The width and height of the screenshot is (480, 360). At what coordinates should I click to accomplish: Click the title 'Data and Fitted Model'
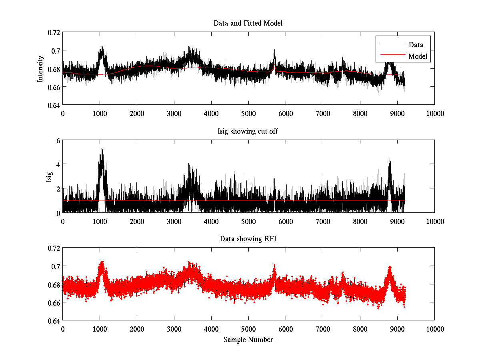click(x=248, y=23)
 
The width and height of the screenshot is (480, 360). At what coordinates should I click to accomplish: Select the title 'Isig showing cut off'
click(x=248, y=131)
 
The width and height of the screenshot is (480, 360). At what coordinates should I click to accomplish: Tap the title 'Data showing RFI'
click(x=248, y=239)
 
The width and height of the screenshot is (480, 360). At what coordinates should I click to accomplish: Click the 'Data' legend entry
click(x=416, y=44)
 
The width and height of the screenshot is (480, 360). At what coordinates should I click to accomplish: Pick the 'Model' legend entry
click(x=418, y=56)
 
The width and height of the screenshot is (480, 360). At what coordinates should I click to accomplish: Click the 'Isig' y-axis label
click(x=49, y=176)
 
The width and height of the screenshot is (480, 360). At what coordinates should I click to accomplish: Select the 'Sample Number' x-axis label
click(x=248, y=340)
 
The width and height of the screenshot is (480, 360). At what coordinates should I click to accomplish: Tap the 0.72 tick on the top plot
click(x=54, y=32)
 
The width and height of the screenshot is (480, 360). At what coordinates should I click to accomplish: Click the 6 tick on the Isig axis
click(x=58, y=140)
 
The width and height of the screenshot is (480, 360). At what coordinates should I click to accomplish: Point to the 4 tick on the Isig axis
click(x=58, y=164)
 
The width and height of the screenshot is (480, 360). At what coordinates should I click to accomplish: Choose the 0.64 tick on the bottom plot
click(x=54, y=321)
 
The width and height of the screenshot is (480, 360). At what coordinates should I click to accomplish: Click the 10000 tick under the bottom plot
click(x=434, y=329)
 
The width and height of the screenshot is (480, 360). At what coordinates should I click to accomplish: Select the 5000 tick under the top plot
click(x=248, y=113)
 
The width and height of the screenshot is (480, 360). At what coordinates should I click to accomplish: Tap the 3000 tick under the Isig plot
click(x=174, y=221)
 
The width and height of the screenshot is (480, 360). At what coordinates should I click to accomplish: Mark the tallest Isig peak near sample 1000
click(x=102, y=149)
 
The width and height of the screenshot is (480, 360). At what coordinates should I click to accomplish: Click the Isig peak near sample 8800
click(x=390, y=161)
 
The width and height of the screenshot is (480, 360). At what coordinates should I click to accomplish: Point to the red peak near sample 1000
click(x=102, y=262)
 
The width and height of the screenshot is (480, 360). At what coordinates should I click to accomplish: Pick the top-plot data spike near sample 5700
click(x=274, y=51)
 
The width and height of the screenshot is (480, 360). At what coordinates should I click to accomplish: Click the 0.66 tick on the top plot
click(x=54, y=87)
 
